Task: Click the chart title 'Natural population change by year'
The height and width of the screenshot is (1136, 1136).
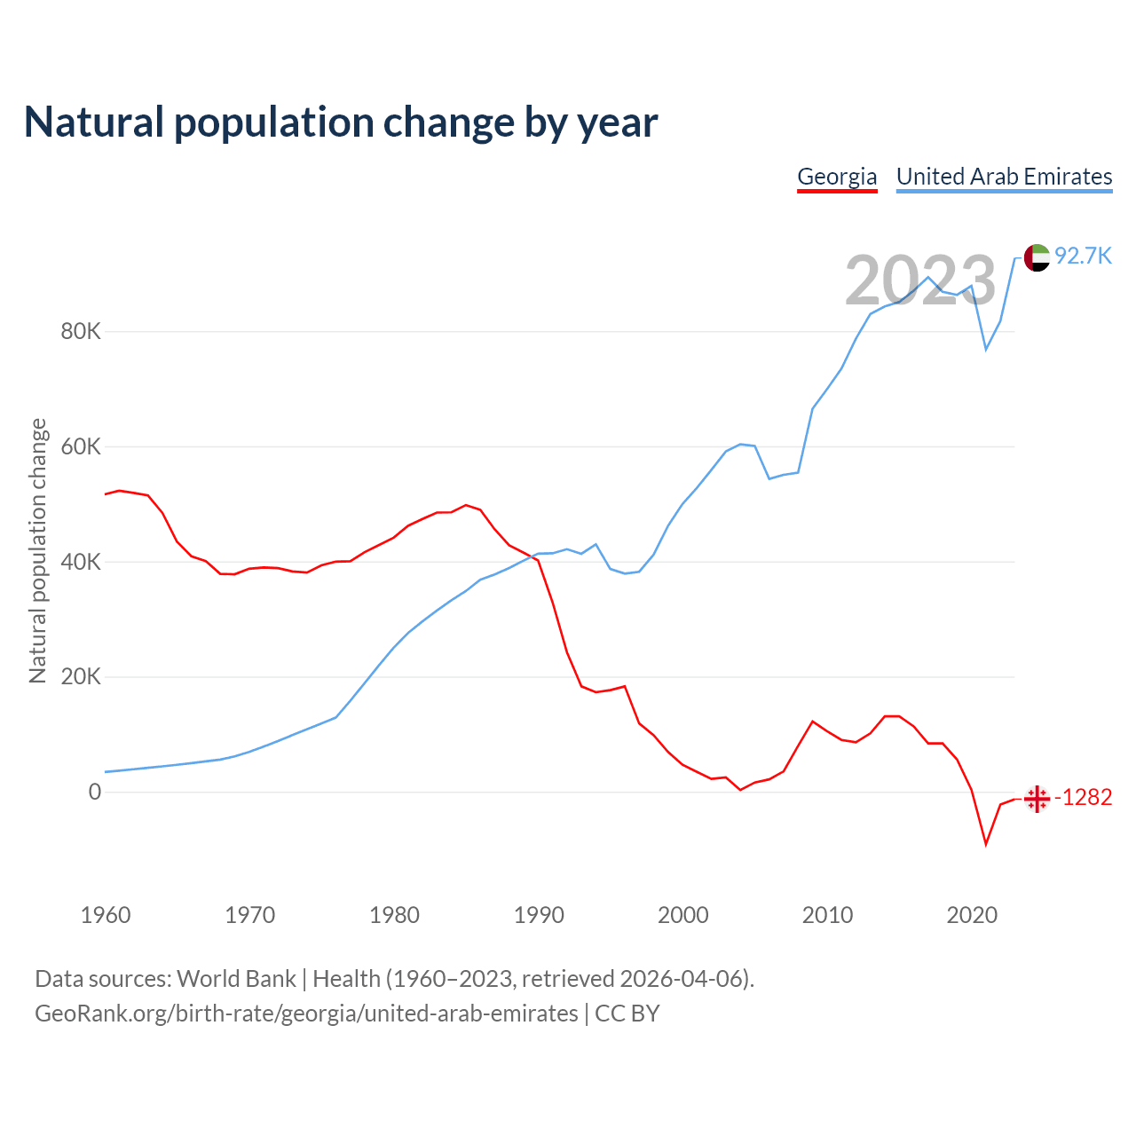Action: point(341,122)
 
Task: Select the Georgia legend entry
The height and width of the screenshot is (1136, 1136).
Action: point(837,177)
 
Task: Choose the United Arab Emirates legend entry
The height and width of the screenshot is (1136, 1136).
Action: point(1004,177)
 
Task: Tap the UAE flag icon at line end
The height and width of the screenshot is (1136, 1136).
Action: point(1037,257)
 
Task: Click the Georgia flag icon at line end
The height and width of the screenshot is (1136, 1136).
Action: point(1037,799)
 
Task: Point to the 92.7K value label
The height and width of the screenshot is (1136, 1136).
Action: point(1083,256)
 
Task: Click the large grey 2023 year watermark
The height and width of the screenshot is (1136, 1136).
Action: point(920,280)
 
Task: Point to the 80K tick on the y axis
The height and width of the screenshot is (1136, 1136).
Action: point(81,332)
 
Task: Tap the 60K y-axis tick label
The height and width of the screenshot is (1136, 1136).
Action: point(81,446)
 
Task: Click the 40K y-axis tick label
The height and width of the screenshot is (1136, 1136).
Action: point(81,562)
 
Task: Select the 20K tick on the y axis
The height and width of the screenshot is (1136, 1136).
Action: point(81,677)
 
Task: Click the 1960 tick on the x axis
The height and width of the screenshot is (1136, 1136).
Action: point(106,915)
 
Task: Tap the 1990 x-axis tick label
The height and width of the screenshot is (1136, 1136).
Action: point(539,915)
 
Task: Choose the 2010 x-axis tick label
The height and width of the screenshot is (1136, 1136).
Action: point(827,915)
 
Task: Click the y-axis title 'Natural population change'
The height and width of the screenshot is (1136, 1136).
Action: point(38,551)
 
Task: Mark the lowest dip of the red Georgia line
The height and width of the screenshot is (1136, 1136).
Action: point(986,843)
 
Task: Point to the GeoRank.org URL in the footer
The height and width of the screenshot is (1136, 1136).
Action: point(306,1014)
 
